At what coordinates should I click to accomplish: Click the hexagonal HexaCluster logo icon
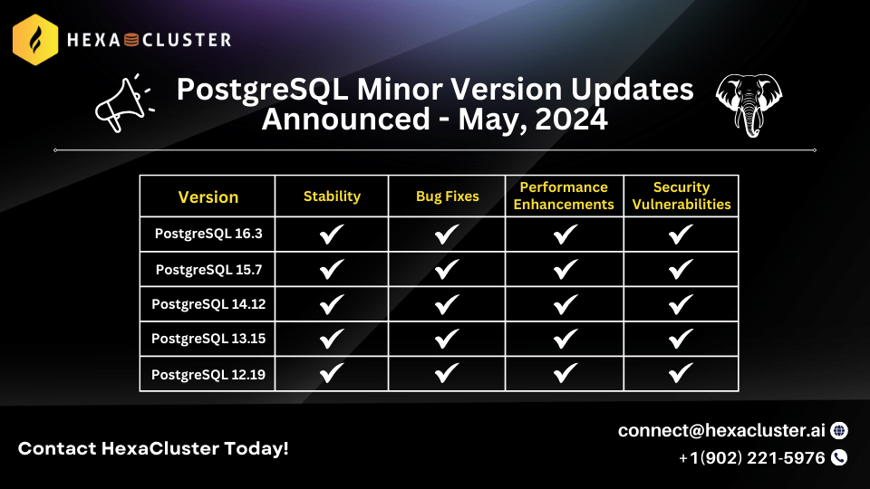pos(35,40)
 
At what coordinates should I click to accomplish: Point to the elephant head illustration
pos(749,105)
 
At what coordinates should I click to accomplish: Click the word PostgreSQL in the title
pos(263,90)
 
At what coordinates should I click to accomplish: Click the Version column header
pos(208,197)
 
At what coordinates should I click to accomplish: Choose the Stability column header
pos(332,197)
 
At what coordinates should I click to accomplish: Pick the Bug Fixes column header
pos(447,197)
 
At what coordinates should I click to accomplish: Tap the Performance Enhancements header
pos(564,196)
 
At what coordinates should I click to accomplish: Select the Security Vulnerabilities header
pos(681,196)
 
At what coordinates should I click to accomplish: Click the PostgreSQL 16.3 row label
pos(208,234)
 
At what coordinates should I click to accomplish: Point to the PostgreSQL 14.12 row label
pos(208,304)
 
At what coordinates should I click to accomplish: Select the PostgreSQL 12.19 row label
pos(208,375)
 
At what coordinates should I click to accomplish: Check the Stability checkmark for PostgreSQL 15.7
pos(332,270)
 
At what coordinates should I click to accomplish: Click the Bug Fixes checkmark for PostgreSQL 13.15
pos(447,339)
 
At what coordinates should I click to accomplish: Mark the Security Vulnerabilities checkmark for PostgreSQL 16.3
pos(681,234)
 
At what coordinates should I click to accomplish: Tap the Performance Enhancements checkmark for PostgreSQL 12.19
pos(565,373)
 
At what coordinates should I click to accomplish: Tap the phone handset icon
pos(839,457)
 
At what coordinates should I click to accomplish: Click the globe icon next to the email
pos(839,430)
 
